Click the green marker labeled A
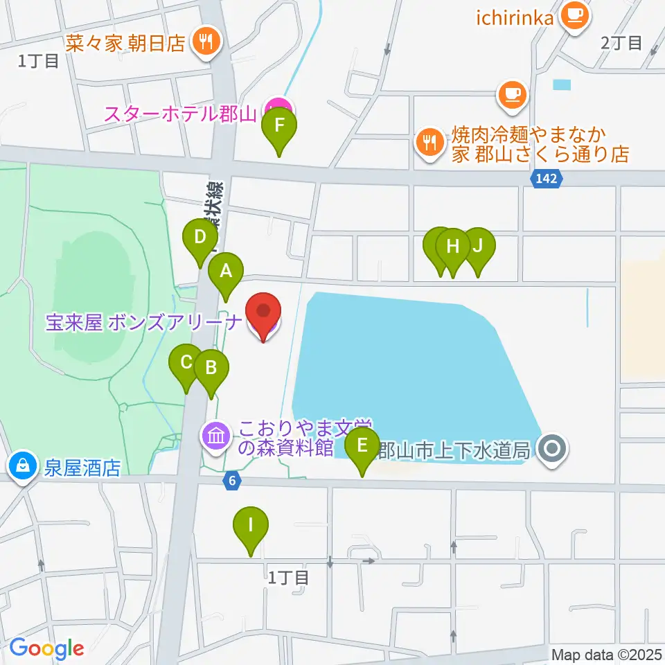coord(226,272)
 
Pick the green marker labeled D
coord(200,239)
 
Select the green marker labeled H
coord(453,248)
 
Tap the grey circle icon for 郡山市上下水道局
coord(553,449)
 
